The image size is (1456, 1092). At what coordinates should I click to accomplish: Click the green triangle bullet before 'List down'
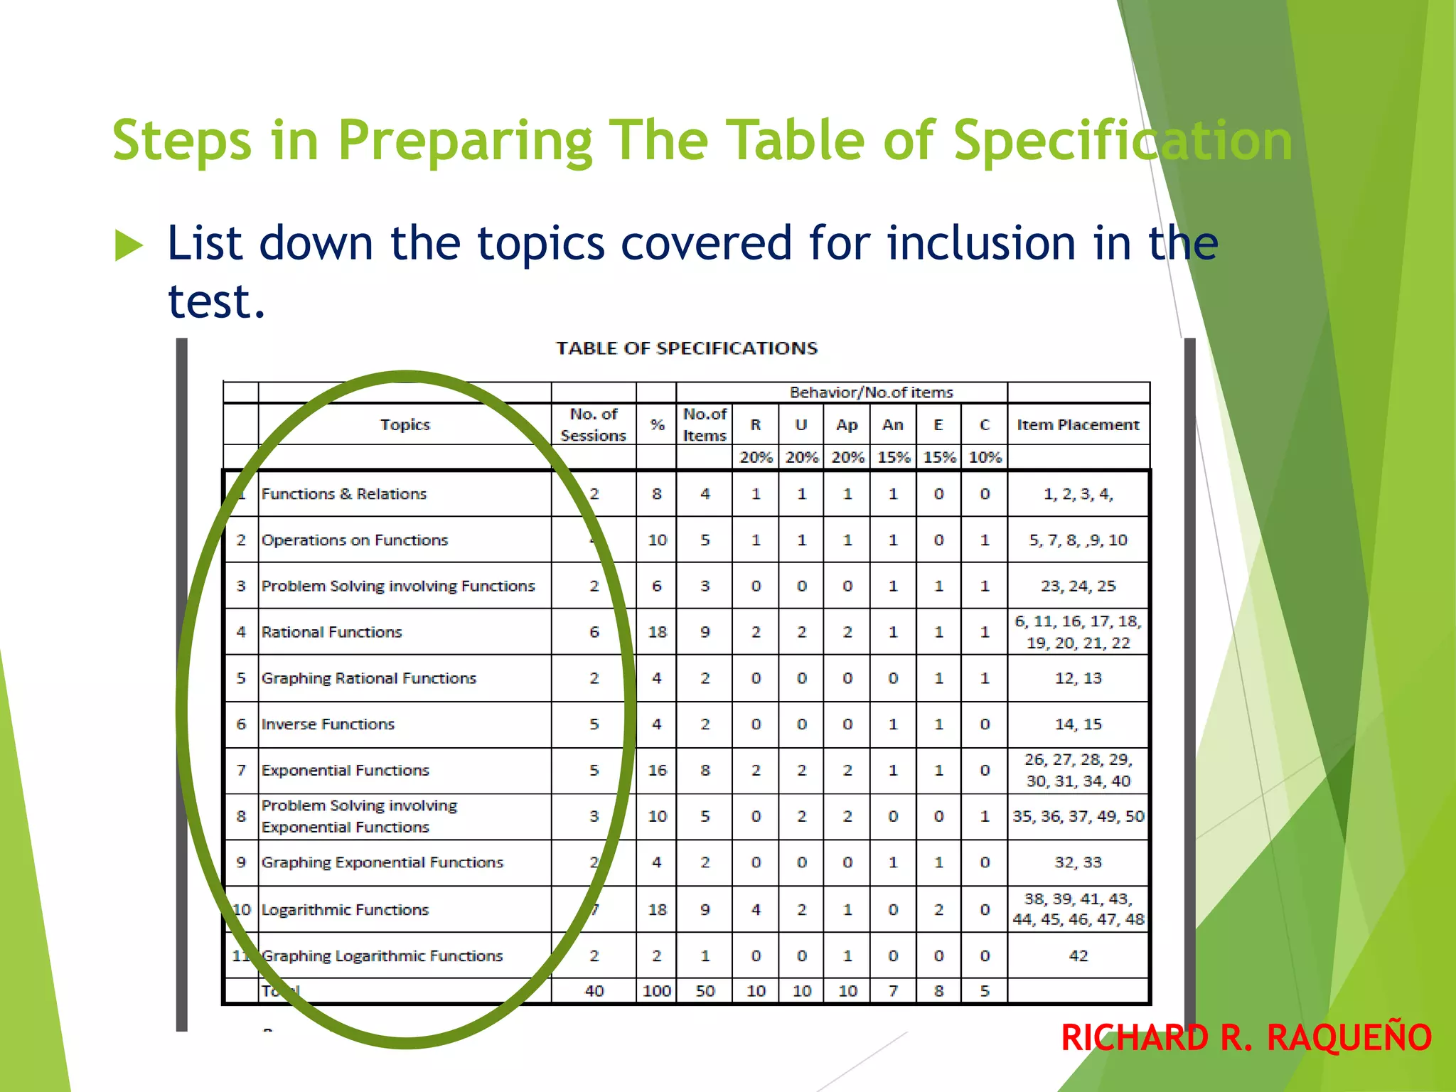[129, 246]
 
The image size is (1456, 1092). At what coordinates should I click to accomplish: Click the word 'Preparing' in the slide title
[465, 141]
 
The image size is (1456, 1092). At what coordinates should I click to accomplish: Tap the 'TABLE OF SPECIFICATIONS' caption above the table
[686, 348]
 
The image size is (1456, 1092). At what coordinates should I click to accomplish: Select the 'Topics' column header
[405, 424]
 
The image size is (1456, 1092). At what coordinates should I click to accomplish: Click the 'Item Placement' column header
[1078, 424]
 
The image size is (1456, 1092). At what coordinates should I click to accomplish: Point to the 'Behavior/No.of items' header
[871, 392]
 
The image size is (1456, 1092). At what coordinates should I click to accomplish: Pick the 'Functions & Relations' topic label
[344, 494]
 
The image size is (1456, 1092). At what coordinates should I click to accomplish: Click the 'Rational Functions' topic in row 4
[331, 632]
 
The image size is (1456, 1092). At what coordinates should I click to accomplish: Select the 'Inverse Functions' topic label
[328, 724]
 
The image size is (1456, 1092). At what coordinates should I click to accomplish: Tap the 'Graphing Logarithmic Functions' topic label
[382, 955]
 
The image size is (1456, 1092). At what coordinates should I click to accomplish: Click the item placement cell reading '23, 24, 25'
[1078, 586]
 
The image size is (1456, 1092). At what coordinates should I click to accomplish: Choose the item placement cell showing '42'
[1078, 955]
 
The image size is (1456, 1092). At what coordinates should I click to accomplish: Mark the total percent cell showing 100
[656, 991]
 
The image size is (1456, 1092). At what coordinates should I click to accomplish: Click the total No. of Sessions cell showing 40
[594, 991]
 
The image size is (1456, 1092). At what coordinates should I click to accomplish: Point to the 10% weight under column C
[985, 457]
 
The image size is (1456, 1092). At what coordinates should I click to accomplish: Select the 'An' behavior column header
[893, 424]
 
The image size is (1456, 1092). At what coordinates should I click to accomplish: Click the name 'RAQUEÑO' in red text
[1349, 1037]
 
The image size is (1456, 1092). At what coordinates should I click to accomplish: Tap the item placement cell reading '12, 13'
[1078, 678]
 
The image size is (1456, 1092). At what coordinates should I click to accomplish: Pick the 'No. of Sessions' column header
[594, 424]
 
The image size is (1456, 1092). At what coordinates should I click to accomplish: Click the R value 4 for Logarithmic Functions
[756, 909]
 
